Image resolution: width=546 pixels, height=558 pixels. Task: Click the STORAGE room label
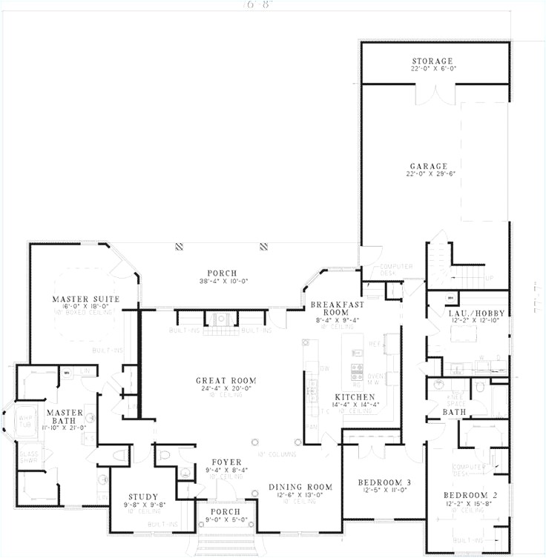tap(432, 60)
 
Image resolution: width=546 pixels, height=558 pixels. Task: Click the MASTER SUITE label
tap(85, 299)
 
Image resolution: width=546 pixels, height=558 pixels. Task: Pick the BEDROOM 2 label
tap(471, 495)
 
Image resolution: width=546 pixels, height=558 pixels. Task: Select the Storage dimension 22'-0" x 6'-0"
tap(432, 68)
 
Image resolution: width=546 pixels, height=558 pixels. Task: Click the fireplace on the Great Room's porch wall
tap(220, 319)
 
